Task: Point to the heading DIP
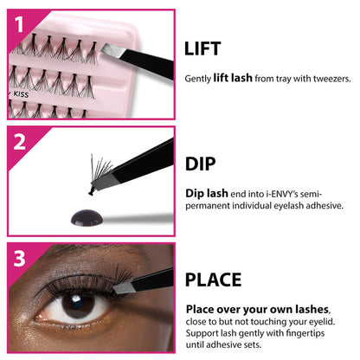coord(200,164)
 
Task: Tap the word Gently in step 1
coord(196,79)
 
